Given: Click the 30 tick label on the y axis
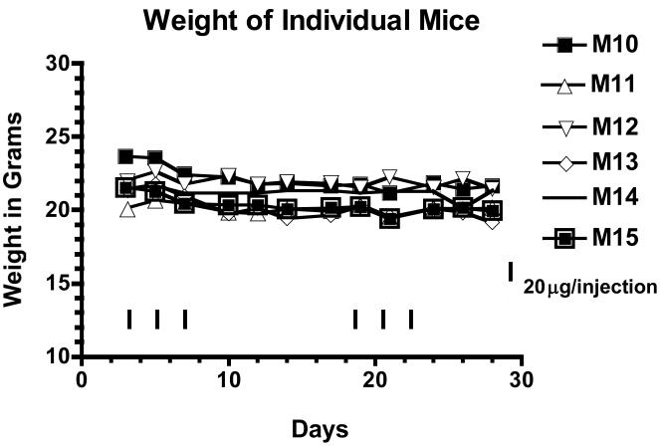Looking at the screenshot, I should click(x=60, y=64).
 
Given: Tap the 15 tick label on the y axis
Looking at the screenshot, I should click(x=60, y=284).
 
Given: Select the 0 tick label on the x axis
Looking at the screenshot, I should click(x=83, y=378).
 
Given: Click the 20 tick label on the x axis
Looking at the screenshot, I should click(x=375, y=378).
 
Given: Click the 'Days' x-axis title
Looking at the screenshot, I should click(x=319, y=430).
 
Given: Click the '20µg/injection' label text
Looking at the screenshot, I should click(x=590, y=287).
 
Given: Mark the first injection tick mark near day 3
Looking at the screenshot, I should click(x=129, y=319).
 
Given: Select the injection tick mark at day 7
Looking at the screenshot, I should click(x=185, y=319).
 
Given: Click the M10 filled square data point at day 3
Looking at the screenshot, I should click(x=125, y=156).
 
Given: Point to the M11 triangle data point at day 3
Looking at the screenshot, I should click(x=126, y=209).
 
